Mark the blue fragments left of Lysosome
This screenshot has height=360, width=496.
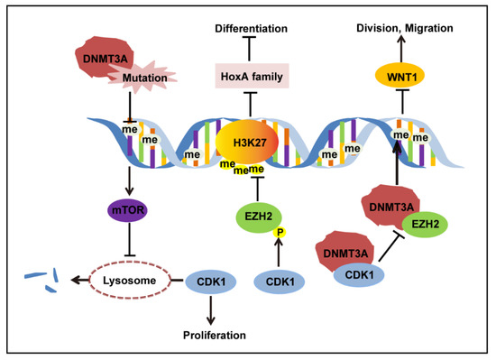pos(41,275)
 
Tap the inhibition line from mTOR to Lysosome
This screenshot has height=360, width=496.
pos(132,245)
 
